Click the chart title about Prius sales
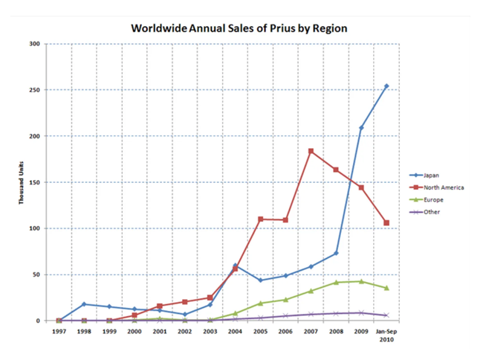(x=239, y=28)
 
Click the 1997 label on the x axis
(x=59, y=332)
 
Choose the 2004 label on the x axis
(x=236, y=332)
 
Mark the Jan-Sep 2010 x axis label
(x=386, y=335)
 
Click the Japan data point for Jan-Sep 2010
(x=386, y=86)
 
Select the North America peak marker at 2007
(x=311, y=151)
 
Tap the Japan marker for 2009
(x=361, y=128)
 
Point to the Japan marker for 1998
(x=84, y=304)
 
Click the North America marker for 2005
(x=261, y=219)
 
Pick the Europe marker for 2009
(x=361, y=281)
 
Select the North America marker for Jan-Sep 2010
(x=386, y=223)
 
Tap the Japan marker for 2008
(x=336, y=254)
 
